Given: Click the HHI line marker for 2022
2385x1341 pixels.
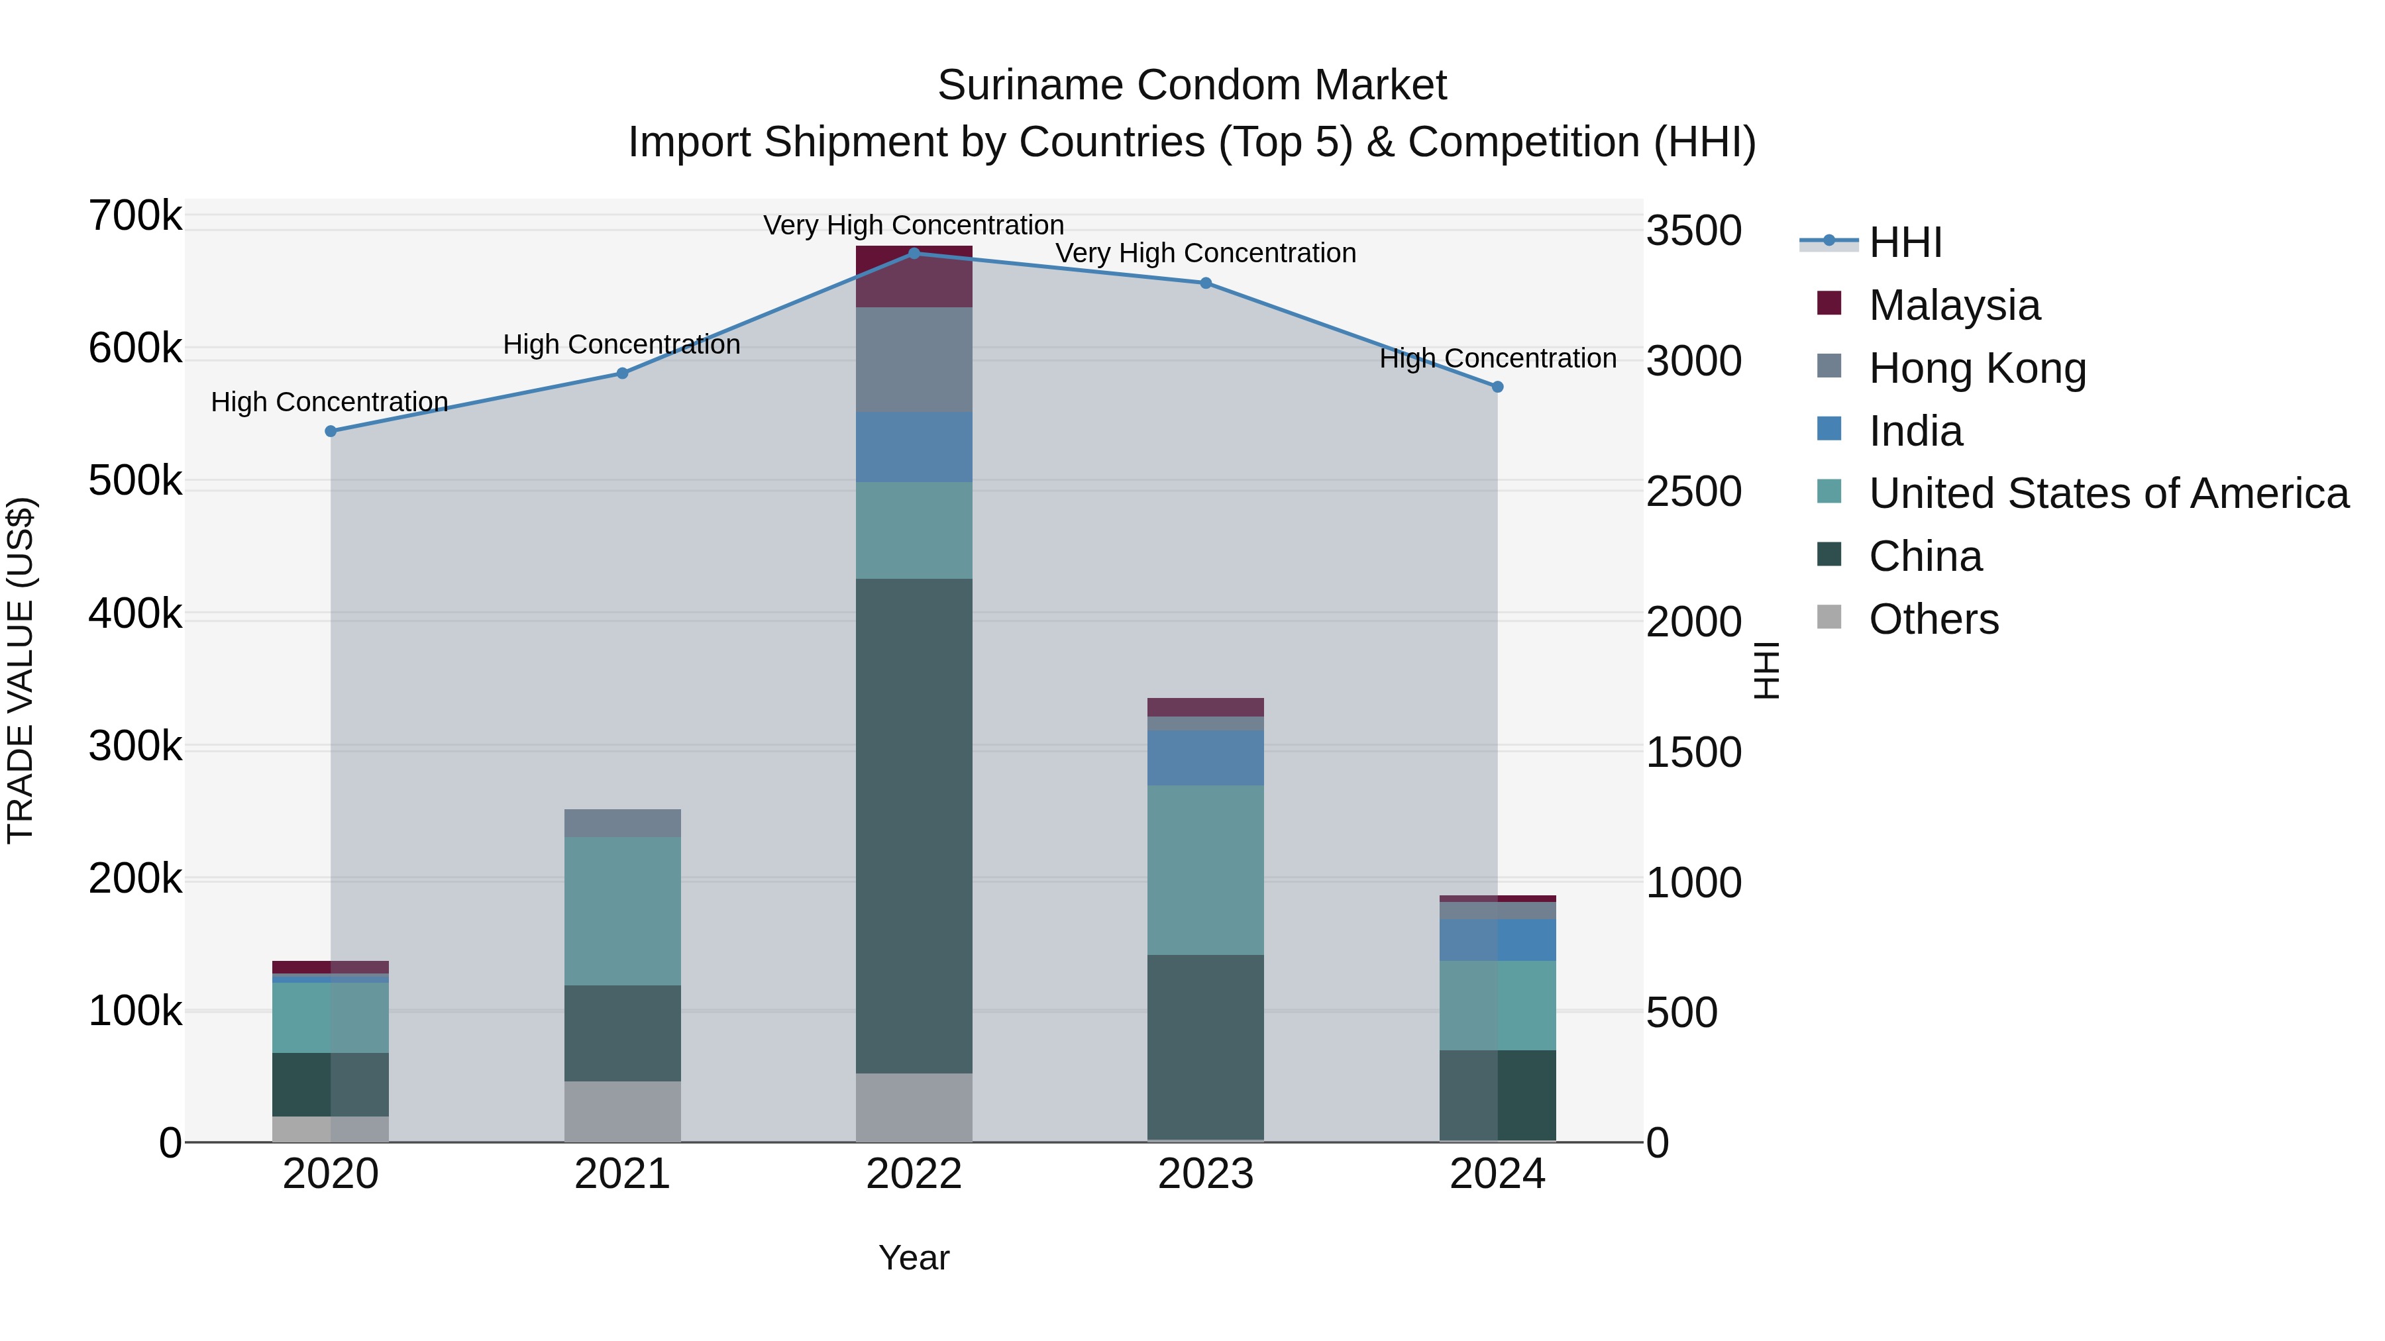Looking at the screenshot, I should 914,253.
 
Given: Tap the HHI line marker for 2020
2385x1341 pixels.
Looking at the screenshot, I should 331,431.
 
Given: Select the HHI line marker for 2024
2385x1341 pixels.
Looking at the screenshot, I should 1497,387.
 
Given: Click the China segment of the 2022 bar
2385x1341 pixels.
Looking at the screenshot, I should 914,826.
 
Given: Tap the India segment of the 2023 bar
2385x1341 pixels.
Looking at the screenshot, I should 1206,758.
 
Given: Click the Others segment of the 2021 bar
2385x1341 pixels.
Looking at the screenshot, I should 622,1111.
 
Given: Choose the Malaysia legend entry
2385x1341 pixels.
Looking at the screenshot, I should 1954,305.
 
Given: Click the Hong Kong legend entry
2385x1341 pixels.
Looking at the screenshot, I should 1977,368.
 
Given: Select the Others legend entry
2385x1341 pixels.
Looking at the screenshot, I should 1933,619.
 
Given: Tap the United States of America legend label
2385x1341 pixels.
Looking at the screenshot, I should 2108,493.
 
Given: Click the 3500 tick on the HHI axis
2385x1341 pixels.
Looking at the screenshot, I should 1693,230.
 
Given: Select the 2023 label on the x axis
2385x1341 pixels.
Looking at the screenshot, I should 1206,1174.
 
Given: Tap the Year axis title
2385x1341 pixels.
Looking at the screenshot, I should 914,1258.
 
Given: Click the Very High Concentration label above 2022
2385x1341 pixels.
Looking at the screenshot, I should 914,225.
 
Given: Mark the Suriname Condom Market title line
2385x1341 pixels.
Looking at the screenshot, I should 1192,85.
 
